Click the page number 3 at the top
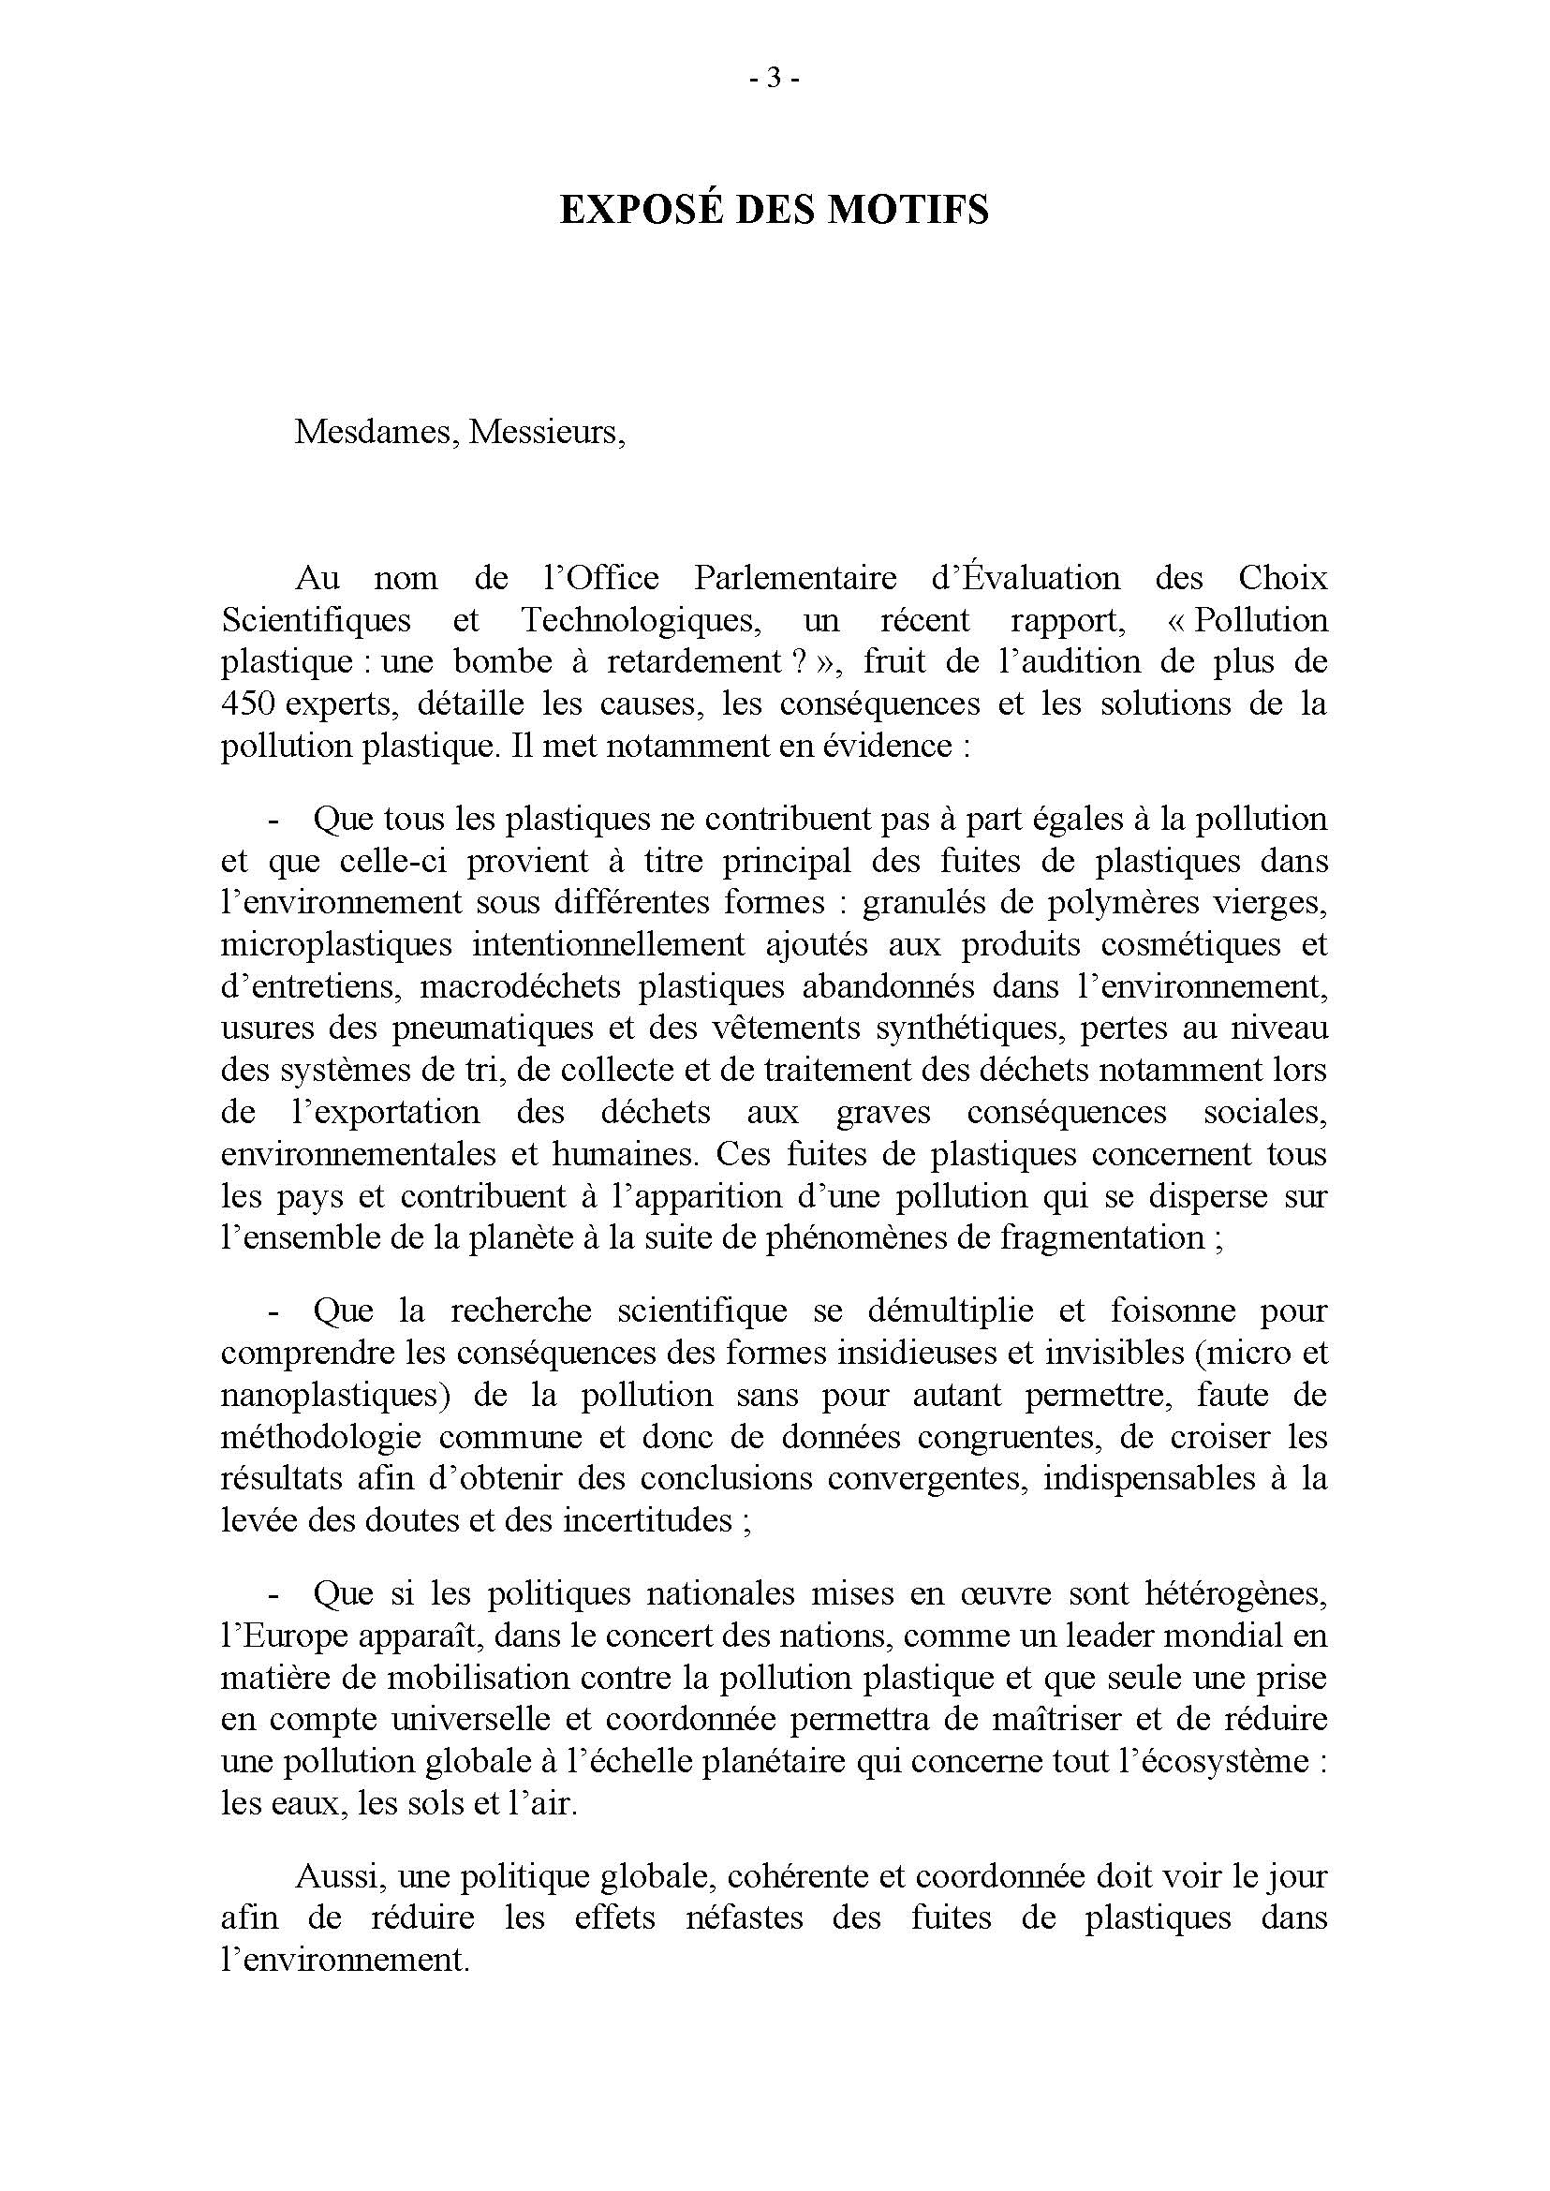coord(774,80)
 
